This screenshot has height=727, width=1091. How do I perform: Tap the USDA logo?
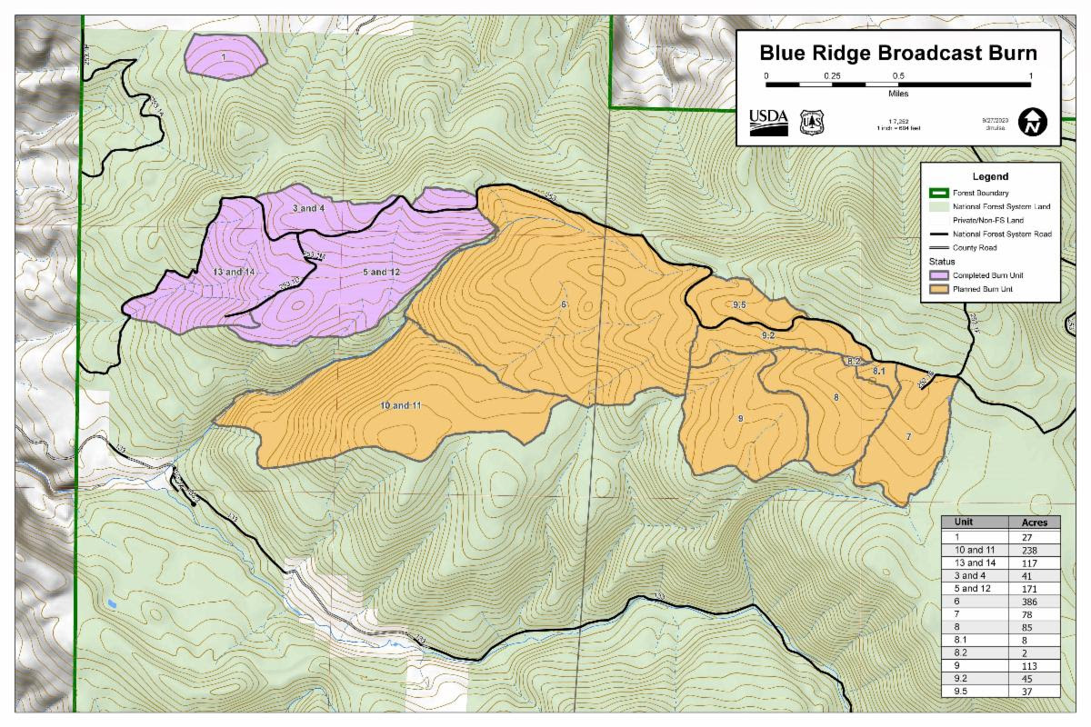(768, 122)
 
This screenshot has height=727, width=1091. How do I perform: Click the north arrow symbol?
(1033, 122)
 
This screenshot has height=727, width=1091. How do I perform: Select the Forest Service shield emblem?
(811, 122)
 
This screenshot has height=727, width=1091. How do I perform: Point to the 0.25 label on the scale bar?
(832, 75)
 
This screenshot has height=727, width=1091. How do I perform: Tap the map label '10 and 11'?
(400, 404)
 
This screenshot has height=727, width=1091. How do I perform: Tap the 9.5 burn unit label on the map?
(738, 304)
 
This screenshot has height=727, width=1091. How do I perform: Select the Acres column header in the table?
(1035, 523)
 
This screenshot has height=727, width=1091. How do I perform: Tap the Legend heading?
(990, 176)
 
